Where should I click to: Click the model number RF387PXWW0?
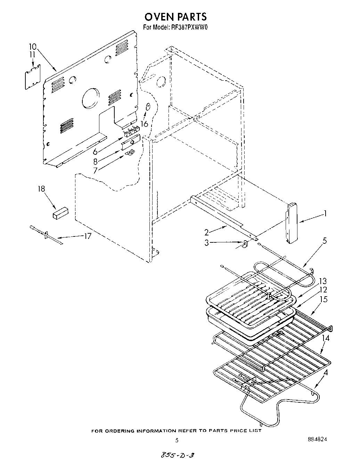tap(189, 28)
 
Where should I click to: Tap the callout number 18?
tap(41, 189)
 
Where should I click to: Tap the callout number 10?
tap(32, 47)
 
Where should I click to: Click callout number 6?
tap(95, 151)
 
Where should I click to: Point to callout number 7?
tap(95, 170)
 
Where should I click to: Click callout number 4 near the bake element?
tap(325, 373)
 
